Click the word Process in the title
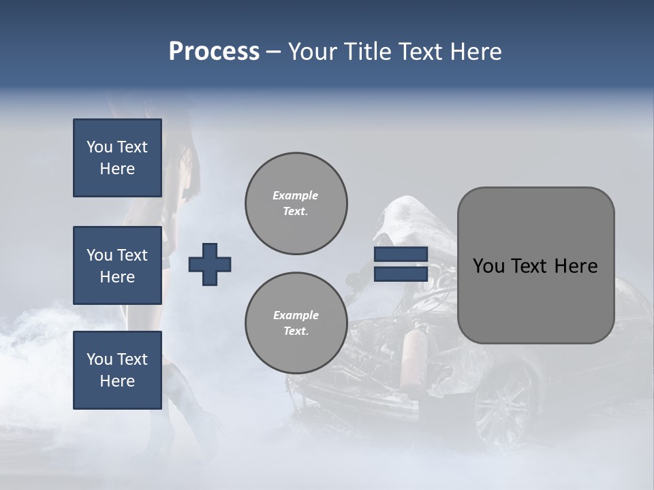tap(214, 52)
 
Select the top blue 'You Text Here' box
tap(117, 158)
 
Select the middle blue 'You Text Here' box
tap(117, 265)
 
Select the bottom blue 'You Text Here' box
tap(117, 370)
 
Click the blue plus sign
tap(210, 264)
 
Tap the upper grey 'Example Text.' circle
tap(296, 203)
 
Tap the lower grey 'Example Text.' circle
tap(296, 323)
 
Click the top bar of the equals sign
tap(401, 255)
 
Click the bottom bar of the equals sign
tap(401, 274)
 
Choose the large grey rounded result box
tap(535, 265)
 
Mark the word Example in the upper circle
tap(296, 196)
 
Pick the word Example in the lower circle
tap(296, 316)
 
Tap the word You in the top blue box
tap(99, 147)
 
